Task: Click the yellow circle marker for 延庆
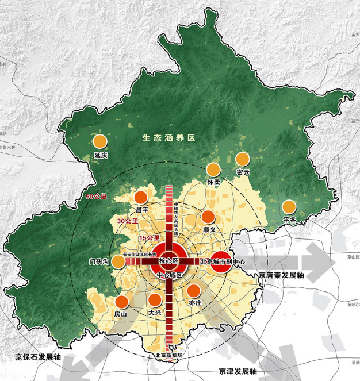click(x=101, y=141)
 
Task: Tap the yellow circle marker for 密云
click(x=243, y=159)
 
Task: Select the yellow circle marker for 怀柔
click(x=213, y=169)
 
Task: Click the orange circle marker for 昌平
click(x=141, y=197)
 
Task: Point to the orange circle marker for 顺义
click(x=208, y=217)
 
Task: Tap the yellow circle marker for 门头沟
click(x=118, y=261)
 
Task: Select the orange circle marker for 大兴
click(x=154, y=299)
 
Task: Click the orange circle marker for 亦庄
click(x=194, y=290)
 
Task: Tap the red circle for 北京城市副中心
click(x=220, y=261)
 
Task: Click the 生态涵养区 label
click(x=170, y=138)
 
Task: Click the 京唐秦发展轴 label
click(x=281, y=276)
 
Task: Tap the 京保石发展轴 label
click(x=39, y=357)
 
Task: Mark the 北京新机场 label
click(x=168, y=355)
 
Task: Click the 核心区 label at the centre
click(x=170, y=261)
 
